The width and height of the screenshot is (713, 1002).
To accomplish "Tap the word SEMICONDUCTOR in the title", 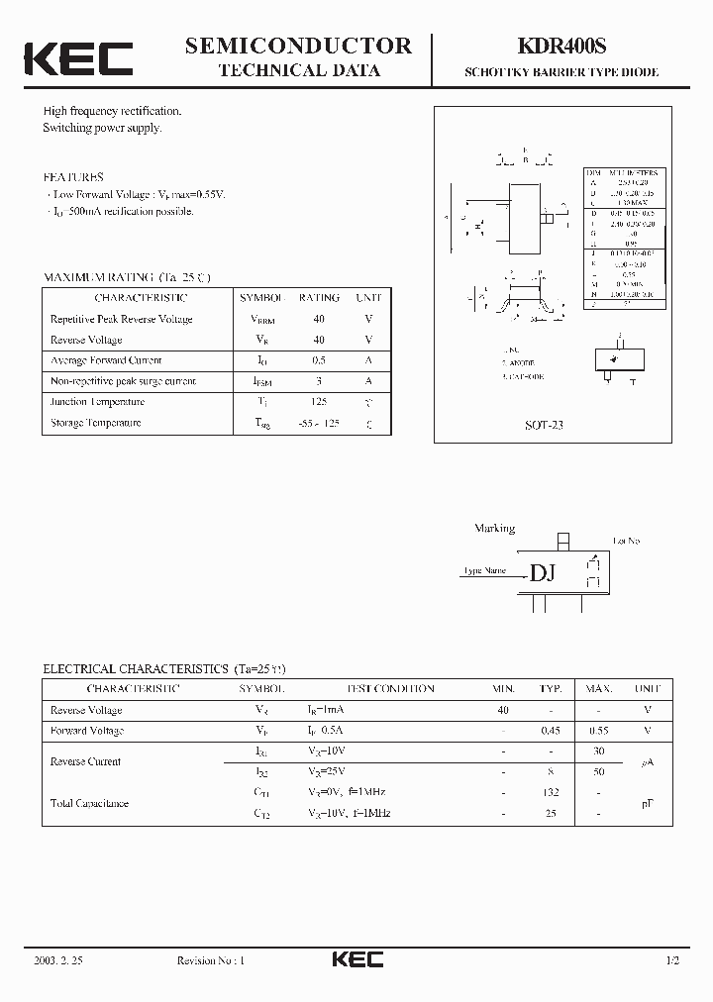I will coord(298,45).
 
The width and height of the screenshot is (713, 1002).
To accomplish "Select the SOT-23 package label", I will coord(544,424).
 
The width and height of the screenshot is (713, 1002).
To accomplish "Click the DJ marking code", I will coord(543,573).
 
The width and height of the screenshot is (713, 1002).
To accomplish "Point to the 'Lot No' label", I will coord(627,541).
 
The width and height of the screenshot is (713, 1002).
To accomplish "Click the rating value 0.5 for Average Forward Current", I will coord(319,360).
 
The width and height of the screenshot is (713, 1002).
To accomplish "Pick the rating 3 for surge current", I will coord(319,381).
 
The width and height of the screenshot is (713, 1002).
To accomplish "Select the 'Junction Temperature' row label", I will coord(97,402).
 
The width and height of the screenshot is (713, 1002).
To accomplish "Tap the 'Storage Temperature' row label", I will coord(95,423).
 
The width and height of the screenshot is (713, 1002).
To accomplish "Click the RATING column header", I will coord(319,297).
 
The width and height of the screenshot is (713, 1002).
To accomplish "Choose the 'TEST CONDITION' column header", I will coord(390,688).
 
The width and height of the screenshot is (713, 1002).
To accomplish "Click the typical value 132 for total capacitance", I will coord(551,792).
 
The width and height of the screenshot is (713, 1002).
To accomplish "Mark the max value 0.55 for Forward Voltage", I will coord(598,731).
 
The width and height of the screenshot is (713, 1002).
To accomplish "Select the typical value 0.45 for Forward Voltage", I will coord(551,731).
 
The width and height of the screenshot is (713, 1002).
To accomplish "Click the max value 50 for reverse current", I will coord(598,771).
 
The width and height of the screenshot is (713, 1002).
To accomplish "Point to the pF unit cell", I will coord(648,803).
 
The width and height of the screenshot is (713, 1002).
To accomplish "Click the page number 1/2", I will coord(672,960).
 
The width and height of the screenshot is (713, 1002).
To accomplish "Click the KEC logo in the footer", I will coord(357,959).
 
